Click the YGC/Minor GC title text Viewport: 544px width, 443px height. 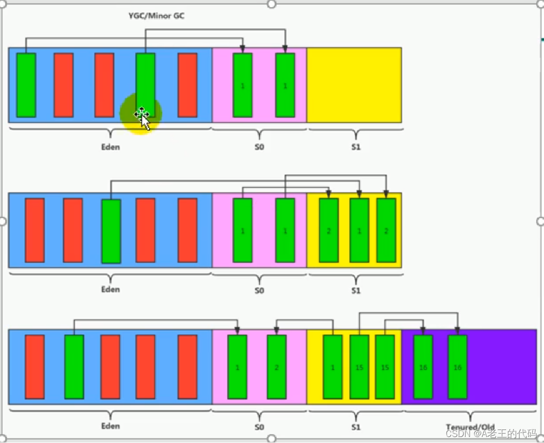point(157,16)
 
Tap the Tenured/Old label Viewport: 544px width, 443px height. point(470,428)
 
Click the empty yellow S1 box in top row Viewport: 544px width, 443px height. point(354,85)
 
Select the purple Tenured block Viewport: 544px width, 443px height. point(502,367)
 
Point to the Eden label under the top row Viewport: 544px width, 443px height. point(110,147)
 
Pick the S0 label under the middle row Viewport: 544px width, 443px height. point(259,290)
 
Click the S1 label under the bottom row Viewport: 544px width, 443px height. point(355,427)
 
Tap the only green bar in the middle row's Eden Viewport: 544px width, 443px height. point(111,231)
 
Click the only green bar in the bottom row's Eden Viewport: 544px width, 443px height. point(74,367)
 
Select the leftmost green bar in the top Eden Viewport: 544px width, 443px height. point(26,85)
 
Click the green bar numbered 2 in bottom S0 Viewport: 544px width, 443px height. point(276,367)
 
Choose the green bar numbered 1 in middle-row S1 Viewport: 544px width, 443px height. point(359,230)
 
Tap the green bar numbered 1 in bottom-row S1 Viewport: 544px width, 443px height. point(333,367)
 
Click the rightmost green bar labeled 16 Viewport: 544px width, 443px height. point(457,367)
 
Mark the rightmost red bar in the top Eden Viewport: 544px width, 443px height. point(187,85)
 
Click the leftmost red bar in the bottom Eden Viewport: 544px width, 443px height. point(34,367)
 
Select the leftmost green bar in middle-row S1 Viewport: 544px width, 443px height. point(329,230)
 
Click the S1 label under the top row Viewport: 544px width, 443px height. point(355,147)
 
